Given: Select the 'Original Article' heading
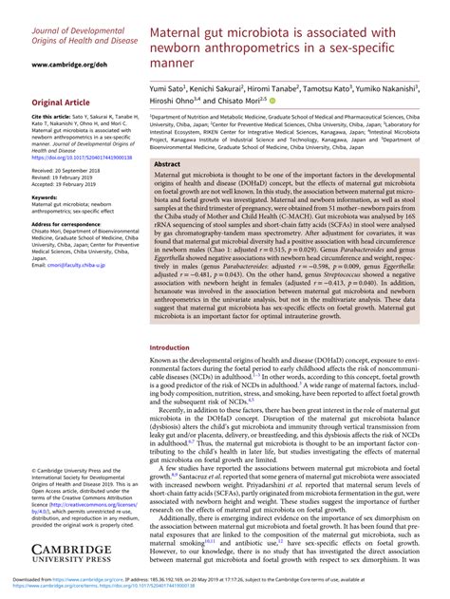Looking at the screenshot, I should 59,102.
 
